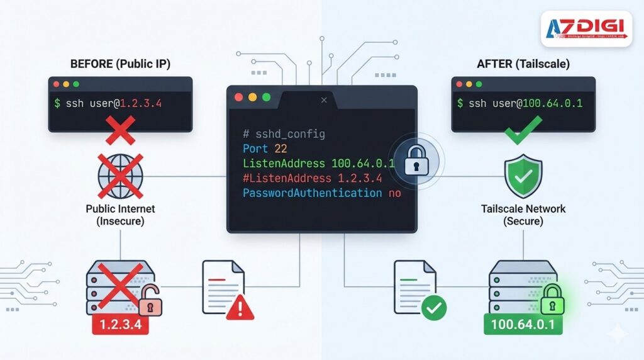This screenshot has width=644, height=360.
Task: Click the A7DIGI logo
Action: tap(586, 28)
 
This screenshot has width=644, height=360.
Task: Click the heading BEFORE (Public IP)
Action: tap(119, 64)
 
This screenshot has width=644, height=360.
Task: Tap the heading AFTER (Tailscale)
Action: tap(523, 64)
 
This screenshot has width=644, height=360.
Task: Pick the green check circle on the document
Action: tap(433, 308)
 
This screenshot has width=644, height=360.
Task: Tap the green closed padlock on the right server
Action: tap(552, 299)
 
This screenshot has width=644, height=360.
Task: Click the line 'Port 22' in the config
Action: tap(264, 149)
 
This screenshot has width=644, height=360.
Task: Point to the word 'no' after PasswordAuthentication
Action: tap(394, 193)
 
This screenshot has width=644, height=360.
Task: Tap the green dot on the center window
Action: tap(266, 98)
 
